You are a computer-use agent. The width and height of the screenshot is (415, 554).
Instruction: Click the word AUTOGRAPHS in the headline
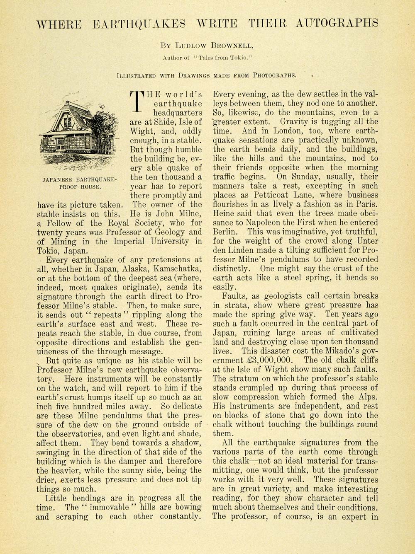[x=337, y=23]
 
